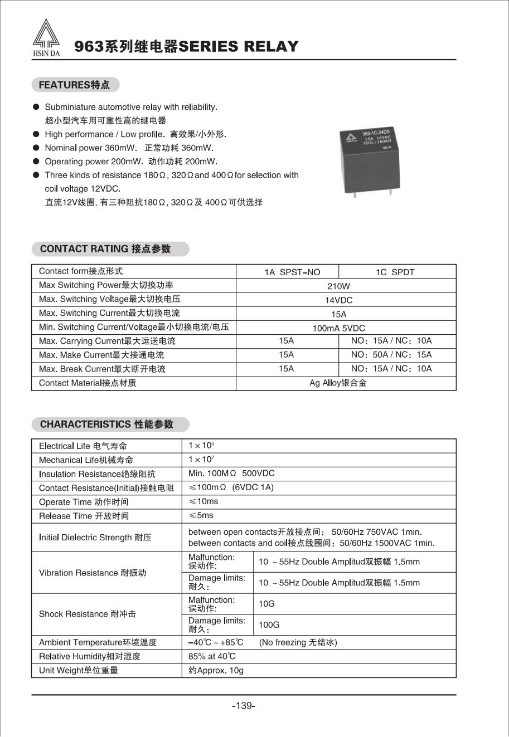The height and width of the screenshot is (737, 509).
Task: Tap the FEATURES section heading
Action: pyautogui.click(x=75, y=85)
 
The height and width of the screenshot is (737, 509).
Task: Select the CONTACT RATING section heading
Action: pyautogui.click(x=105, y=249)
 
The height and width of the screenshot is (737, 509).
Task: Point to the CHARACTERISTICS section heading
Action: pyautogui.click(x=106, y=424)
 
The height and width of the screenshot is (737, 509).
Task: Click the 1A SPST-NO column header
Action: pyautogui.click(x=292, y=272)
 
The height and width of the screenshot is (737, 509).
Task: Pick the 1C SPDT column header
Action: pyautogui.click(x=395, y=272)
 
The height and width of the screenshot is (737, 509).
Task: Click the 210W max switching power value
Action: pyautogui.click(x=338, y=286)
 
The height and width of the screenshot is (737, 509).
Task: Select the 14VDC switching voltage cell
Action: pyautogui.click(x=338, y=300)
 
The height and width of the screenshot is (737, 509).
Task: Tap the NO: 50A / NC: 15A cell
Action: pyautogui.click(x=391, y=355)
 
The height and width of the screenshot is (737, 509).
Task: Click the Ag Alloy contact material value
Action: pyautogui.click(x=338, y=383)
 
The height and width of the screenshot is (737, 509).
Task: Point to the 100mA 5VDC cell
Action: pyautogui.click(x=338, y=328)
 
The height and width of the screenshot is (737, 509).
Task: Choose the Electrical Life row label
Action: pyautogui.click(x=83, y=446)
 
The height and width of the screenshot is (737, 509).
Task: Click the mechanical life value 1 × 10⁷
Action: pyautogui.click(x=201, y=460)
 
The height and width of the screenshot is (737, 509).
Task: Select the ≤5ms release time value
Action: pyautogui.click(x=201, y=515)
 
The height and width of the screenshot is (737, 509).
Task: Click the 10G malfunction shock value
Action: pyautogui.click(x=266, y=604)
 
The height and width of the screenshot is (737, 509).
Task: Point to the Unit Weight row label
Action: pyautogui.click(x=79, y=671)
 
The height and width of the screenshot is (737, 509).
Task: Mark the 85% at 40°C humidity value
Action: pyautogui.click(x=212, y=656)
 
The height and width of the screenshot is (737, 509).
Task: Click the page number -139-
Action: pyautogui.click(x=244, y=706)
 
